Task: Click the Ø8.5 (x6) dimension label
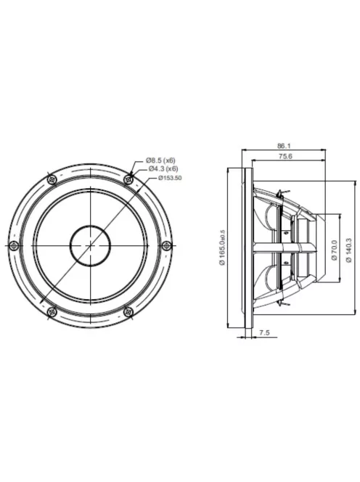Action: click(x=160, y=159)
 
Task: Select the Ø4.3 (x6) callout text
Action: click(x=163, y=168)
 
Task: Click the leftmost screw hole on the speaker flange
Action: click(x=12, y=246)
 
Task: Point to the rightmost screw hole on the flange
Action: click(x=166, y=246)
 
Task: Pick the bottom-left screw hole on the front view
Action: click(x=51, y=312)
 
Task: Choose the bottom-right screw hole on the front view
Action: click(x=128, y=312)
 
